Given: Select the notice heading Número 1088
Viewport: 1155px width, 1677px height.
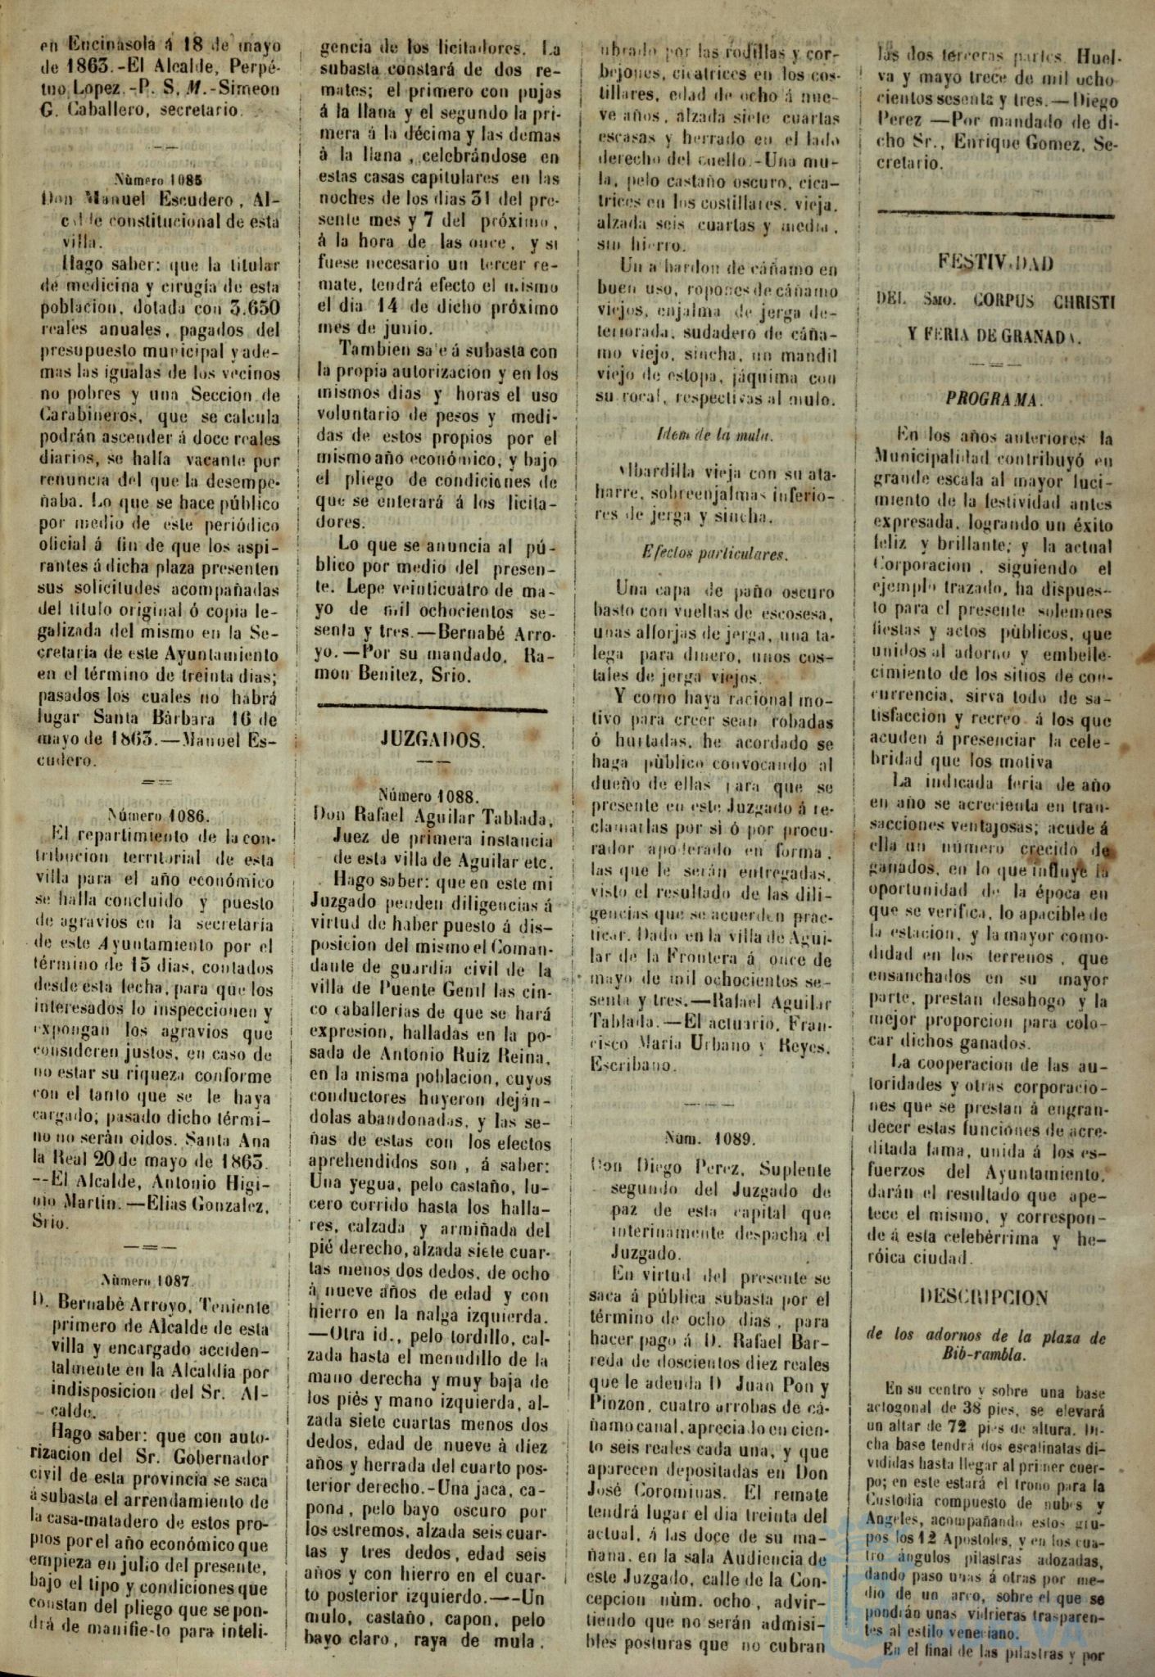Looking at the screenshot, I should point(435,794).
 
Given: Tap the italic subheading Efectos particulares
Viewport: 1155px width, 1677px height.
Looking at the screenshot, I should point(715,554).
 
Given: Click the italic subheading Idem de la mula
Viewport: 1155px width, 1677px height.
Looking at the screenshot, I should point(715,436).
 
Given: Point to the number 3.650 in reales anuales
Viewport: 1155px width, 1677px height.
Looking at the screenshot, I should point(249,309).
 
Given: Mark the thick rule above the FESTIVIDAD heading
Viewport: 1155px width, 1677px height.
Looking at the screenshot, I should point(994,215).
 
